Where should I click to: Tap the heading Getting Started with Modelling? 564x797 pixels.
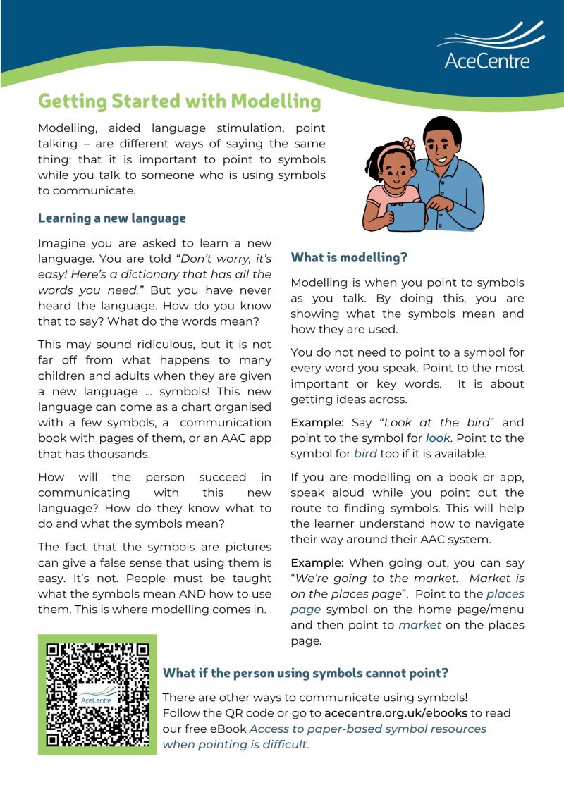pos(179,101)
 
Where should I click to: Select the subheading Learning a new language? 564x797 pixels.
pos(111,218)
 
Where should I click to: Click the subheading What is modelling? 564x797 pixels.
pos(349,257)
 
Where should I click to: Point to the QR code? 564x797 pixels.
pos(97,694)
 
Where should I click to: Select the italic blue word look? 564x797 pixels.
pos(437,438)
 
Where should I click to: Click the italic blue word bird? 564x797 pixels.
pos(365,453)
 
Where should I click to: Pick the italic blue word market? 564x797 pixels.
pos(419,625)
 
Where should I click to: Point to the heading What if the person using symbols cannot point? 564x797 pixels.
pos(305,672)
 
